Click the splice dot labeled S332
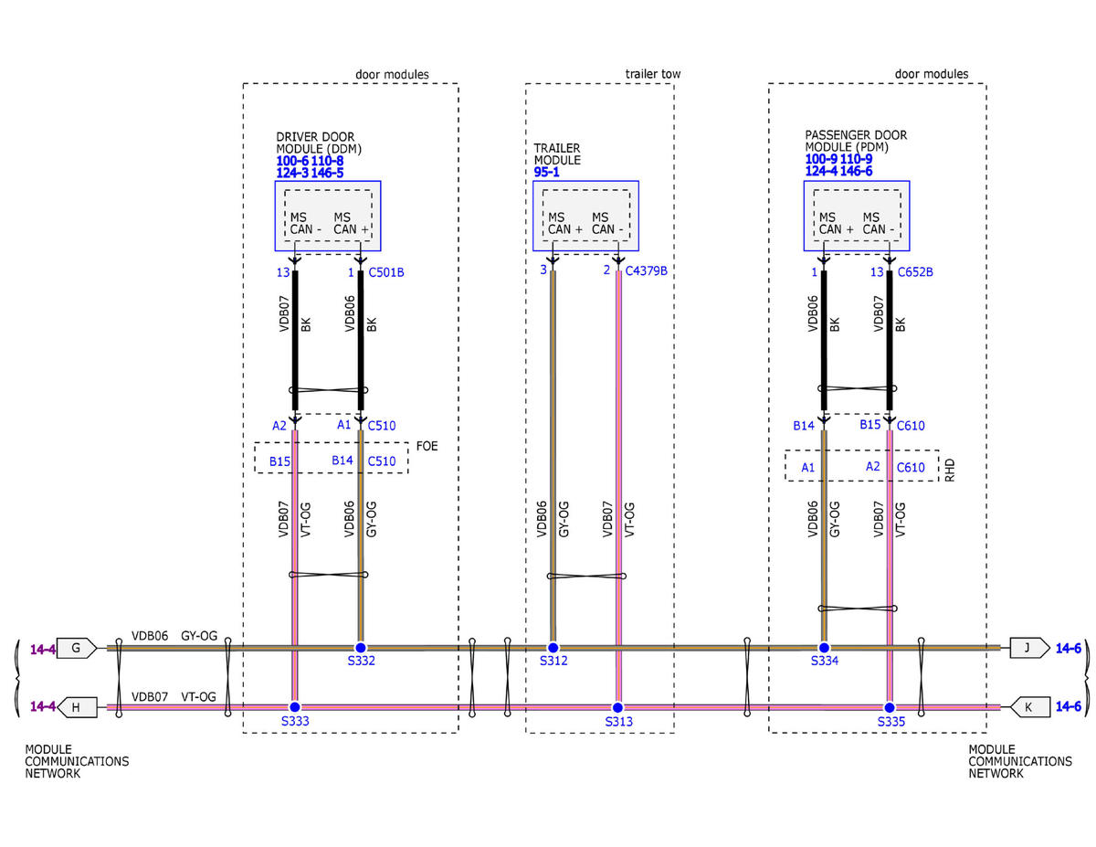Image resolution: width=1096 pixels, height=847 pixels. tap(361, 647)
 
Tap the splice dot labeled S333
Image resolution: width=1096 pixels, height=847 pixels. tap(294, 707)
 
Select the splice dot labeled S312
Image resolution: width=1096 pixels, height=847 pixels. tap(553, 647)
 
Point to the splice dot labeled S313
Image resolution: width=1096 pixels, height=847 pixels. tap(617, 707)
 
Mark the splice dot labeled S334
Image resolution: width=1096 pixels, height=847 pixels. tap(824, 647)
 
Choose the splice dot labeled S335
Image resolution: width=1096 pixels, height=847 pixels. tap(889, 707)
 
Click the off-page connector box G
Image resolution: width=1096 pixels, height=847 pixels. tap(77, 648)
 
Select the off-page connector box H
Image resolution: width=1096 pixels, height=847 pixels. tap(77, 707)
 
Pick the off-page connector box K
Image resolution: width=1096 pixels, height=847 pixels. tap(1027, 707)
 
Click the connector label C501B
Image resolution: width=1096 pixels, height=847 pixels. tap(386, 272)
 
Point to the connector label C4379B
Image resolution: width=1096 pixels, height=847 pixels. tap(647, 272)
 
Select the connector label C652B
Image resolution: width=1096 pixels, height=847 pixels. tap(915, 272)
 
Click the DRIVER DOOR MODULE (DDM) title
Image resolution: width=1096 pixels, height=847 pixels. tap(315, 143)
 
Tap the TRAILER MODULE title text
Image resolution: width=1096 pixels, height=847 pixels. tap(557, 154)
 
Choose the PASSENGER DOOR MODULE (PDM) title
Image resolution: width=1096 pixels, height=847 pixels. tap(856, 141)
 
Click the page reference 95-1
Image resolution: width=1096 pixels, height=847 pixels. tap(546, 171)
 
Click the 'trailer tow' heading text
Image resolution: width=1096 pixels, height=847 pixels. tap(653, 74)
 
